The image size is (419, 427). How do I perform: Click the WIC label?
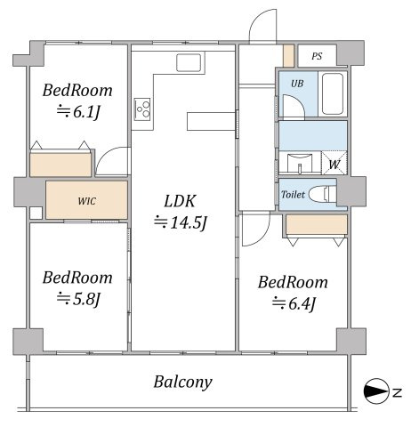click(x=87, y=201)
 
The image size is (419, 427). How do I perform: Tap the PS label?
click(x=317, y=56)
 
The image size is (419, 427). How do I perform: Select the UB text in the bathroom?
click(x=297, y=84)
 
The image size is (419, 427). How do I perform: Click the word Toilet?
click(x=293, y=195)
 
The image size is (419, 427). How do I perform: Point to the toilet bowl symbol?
click(x=322, y=194)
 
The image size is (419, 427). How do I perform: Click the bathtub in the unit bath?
click(x=333, y=93)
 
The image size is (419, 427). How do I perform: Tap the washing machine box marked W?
click(x=334, y=163)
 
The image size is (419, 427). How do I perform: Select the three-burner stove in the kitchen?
click(x=142, y=109)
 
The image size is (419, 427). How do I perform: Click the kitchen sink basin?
click(x=189, y=62)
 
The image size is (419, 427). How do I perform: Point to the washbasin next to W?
click(x=300, y=163)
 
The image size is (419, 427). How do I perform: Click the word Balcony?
click(x=183, y=383)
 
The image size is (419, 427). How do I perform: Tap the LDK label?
click(x=180, y=201)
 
